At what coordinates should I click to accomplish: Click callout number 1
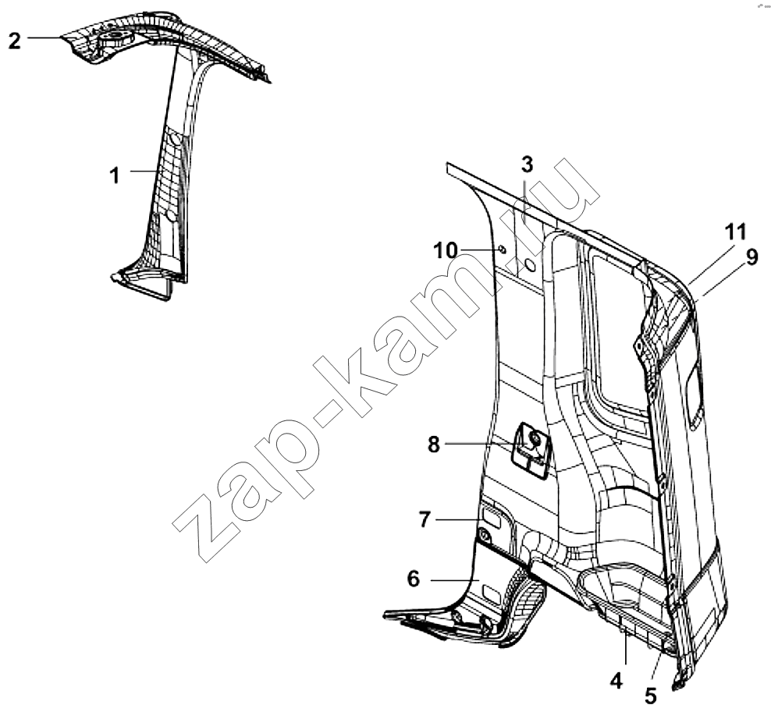point(115,175)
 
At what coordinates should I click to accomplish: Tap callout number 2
point(15,41)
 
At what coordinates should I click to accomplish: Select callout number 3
point(527,165)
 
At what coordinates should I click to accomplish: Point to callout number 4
point(616,681)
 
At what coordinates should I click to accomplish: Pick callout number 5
point(651,696)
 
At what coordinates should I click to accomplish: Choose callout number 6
point(414,579)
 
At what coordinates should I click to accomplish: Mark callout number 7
point(425,519)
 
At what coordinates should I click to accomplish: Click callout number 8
point(433,445)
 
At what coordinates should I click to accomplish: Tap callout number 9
point(752,258)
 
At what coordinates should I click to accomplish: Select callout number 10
point(446,250)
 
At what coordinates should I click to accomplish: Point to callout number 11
point(736,232)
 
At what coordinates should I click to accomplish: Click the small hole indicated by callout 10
point(503,250)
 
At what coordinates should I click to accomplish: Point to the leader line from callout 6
point(455,580)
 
